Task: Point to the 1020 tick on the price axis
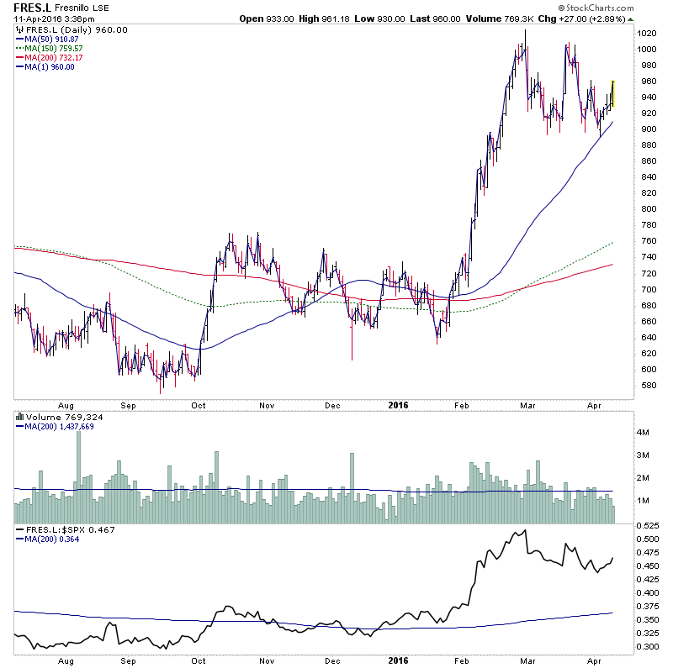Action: pos(647,33)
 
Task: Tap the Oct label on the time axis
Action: pos(199,404)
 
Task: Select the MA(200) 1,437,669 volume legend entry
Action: pos(58,426)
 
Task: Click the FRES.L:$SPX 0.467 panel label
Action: pos(65,530)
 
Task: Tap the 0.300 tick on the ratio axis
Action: pos(649,647)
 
